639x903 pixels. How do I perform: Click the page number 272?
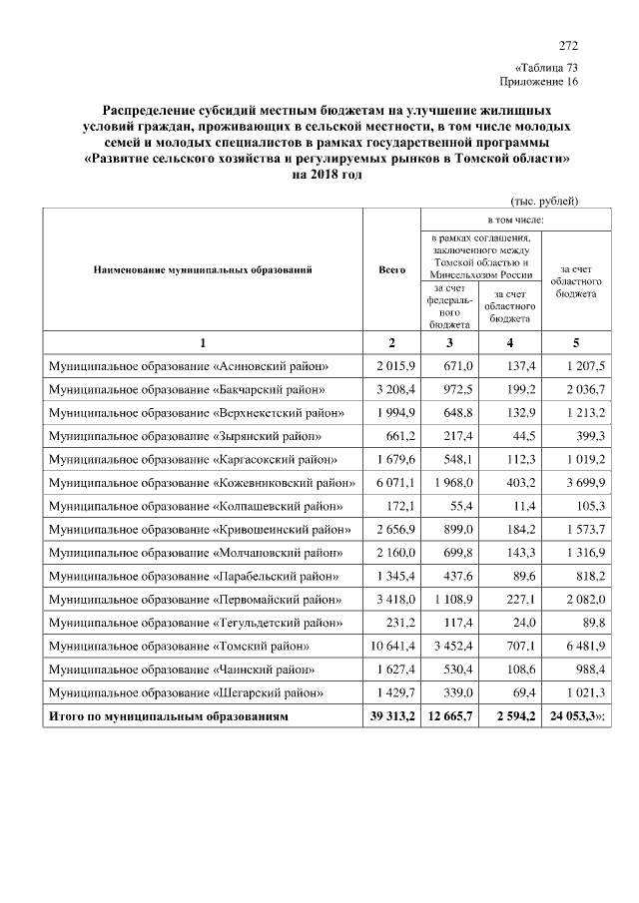coord(568,46)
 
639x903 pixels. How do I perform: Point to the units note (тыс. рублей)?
coord(543,200)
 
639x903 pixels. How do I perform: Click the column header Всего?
coord(391,269)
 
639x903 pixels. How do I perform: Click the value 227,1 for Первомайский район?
coord(516,600)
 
